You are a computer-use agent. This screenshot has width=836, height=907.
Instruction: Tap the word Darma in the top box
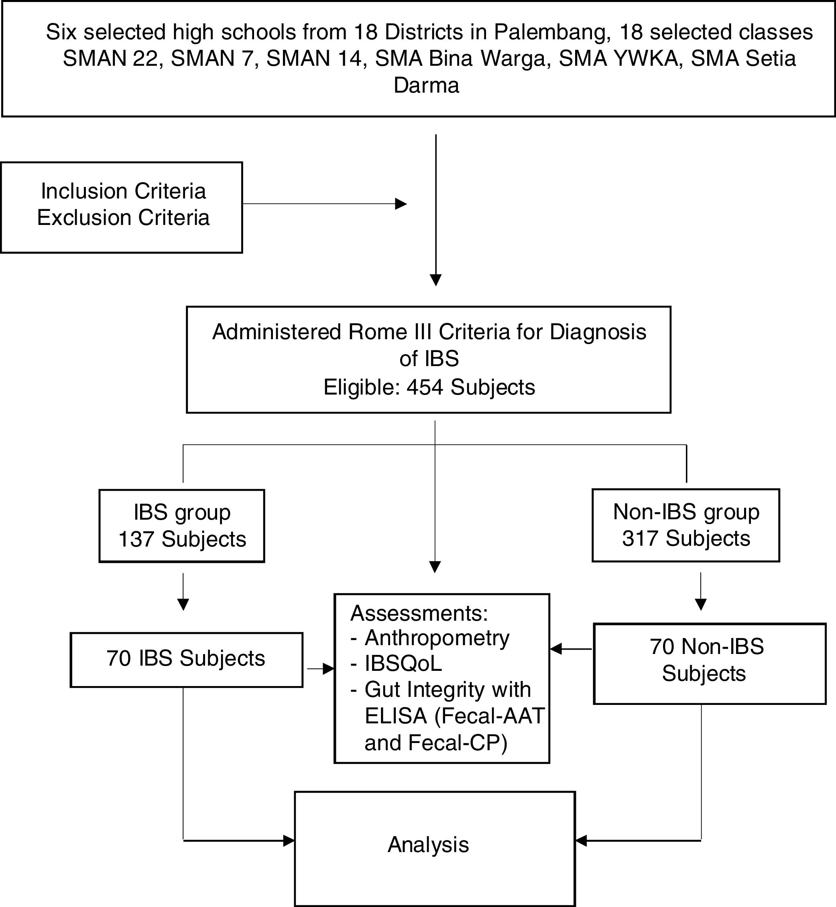(x=426, y=85)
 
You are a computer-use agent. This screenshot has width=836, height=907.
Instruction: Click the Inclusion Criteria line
(x=123, y=191)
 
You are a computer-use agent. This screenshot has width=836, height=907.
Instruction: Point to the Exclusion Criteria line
(x=123, y=218)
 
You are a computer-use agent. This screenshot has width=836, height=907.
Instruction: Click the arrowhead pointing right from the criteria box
(x=401, y=204)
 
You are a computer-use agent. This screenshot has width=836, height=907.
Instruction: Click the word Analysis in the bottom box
(x=428, y=844)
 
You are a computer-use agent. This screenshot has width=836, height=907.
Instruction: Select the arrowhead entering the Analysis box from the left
(x=289, y=840)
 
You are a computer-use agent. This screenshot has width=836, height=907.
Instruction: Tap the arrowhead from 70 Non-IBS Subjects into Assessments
(x=556, y=649)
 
